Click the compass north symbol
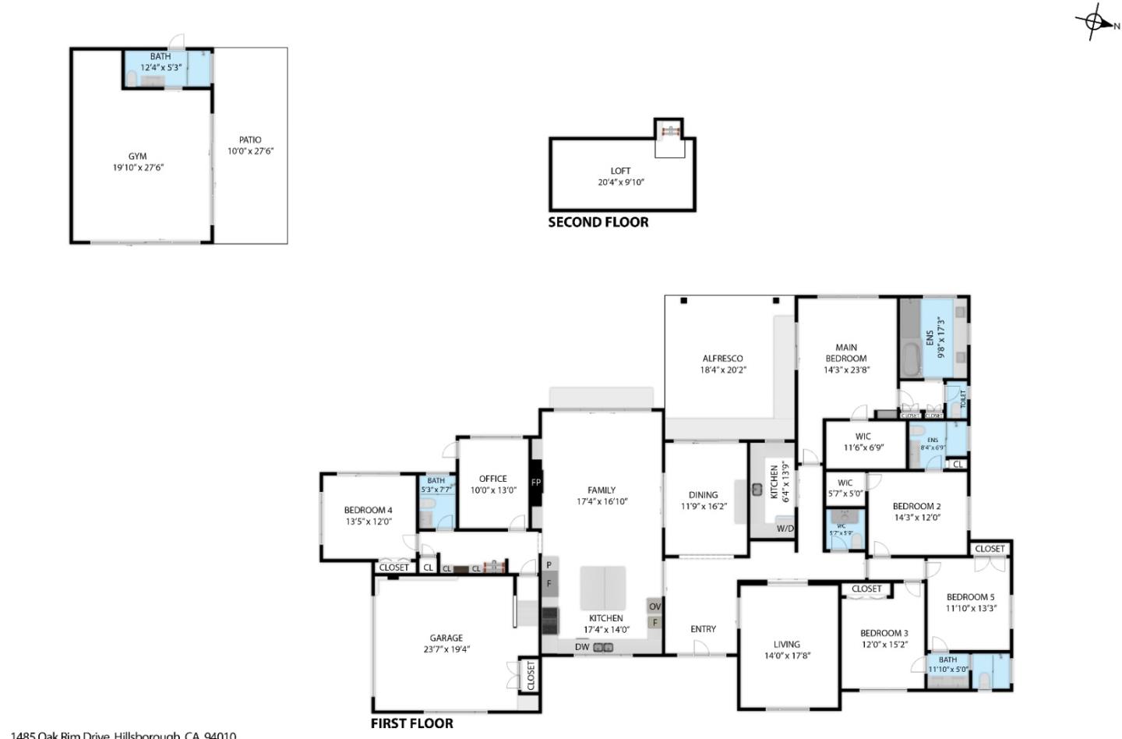tap(1096, 23)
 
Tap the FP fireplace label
tap(536, 483)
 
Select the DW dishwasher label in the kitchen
tap(582, 646)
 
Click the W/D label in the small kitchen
tap(785, 529)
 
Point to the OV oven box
tap(654, 606)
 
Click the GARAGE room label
tap(446, 638)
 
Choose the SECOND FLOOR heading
tap(598, 222)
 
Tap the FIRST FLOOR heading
tap(411, 723)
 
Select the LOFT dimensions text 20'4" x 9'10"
tap(621, 182)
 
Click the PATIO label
tap(250, 140)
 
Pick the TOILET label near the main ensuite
tap(963, 399)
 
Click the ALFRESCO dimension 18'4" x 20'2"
tap(722, 370)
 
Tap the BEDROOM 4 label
tap(368, 511)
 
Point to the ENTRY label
tap(703, 629)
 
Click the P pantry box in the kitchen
tap(549, 565)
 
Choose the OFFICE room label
tap(492, 479)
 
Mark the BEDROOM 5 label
tap(970, 597)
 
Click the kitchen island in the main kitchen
tap(602, 588)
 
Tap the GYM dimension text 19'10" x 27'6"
tap(138, 168)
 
